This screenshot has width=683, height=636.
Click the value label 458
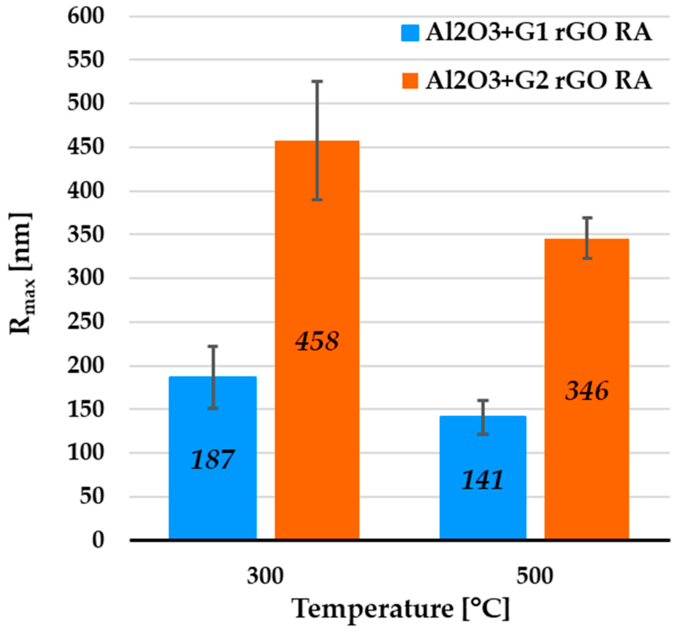317,341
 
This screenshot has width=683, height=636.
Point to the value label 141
483,481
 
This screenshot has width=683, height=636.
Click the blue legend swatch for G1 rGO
410,33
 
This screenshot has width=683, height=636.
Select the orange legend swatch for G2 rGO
410,80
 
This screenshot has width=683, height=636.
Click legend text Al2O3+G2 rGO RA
538,80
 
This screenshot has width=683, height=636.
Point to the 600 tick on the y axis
86,17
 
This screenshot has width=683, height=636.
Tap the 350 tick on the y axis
86,235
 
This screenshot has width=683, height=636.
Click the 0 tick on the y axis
98,540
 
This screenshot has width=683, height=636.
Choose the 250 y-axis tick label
86,322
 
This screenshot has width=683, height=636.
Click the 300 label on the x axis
265,576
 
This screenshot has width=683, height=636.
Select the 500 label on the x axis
535,576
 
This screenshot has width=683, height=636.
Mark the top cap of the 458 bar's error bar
317,81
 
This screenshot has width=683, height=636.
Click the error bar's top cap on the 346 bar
587,218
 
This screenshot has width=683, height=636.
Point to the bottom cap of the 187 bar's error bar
213,408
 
